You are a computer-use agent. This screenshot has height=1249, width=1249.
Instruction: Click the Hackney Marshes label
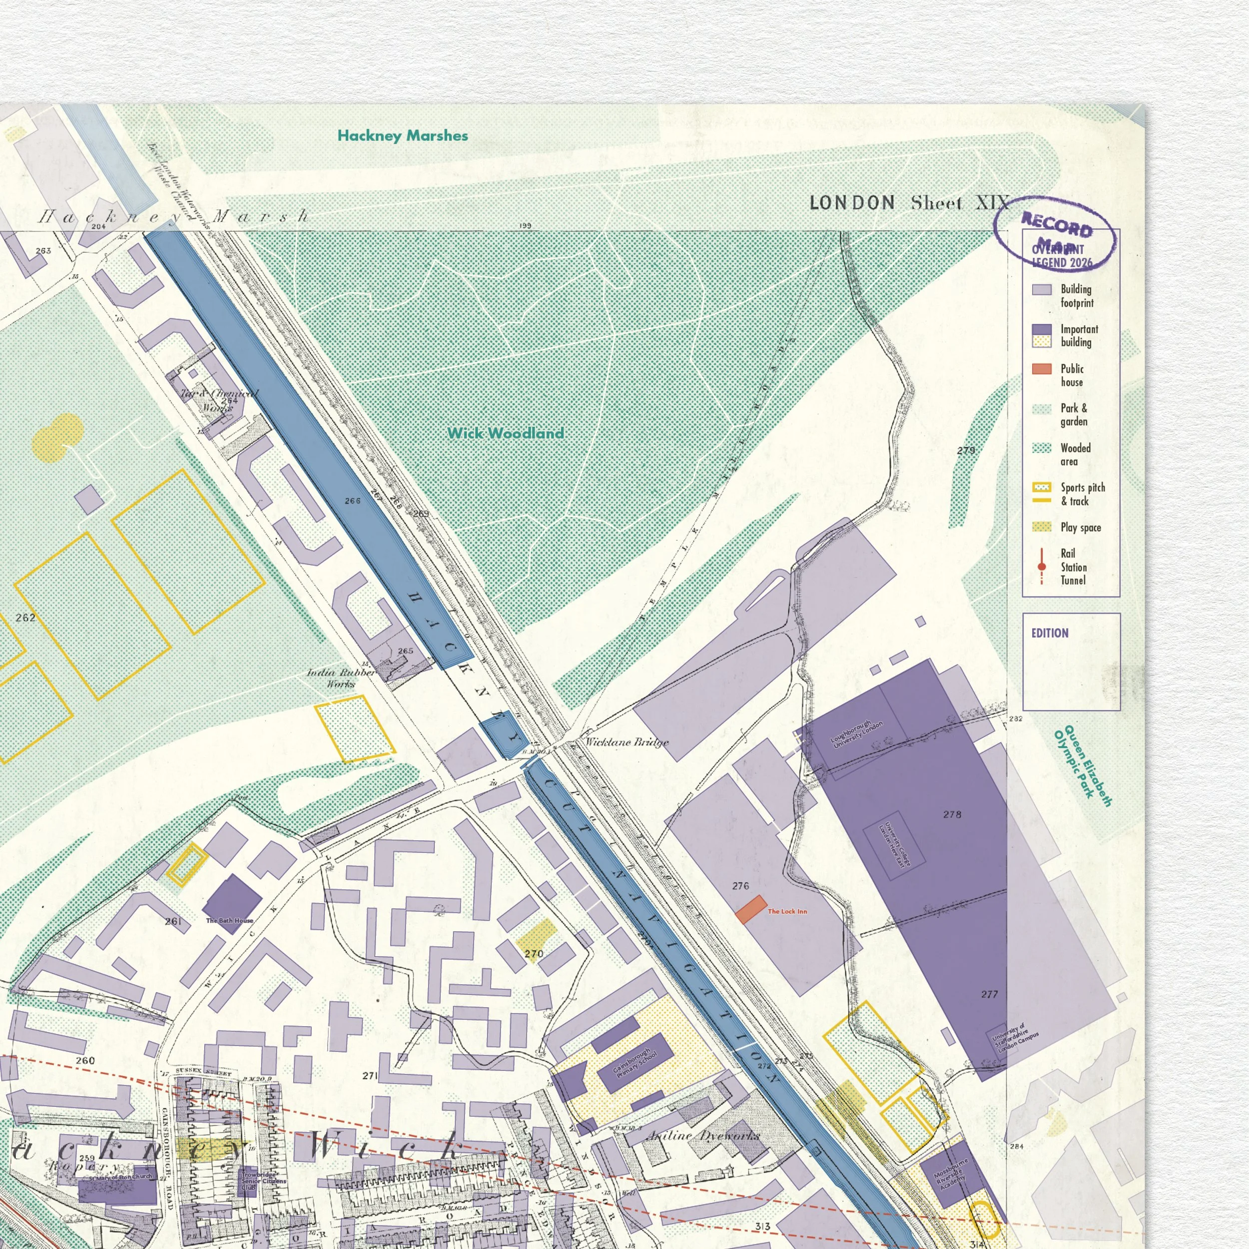pos(402,136)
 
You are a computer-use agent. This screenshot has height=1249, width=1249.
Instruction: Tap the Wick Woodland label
pos(505,433)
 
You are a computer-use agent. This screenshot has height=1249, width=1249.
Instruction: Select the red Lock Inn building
pos(750,909)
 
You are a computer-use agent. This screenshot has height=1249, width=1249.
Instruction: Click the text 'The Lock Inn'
pos(787,912)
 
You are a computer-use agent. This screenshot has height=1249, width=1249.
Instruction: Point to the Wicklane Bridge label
pos(626,742)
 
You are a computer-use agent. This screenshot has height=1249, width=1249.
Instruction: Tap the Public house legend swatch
pos(1042,369)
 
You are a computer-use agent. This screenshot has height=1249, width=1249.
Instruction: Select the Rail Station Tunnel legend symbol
pos(1042,567)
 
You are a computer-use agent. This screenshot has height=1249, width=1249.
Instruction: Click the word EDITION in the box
pos(1049,633)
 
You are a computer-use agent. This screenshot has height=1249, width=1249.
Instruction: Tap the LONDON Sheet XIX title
pos(908,203)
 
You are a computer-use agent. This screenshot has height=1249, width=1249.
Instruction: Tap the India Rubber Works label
pos(341,678)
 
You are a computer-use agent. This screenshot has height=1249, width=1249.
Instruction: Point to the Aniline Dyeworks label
pos(703,1136)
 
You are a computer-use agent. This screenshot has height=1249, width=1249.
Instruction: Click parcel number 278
pos(952,814)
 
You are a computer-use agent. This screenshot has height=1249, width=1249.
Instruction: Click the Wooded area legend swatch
pos(1042,448)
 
